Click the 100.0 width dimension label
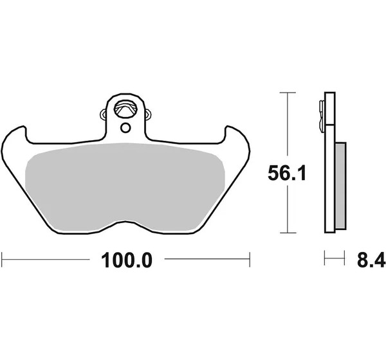tap(127, 260)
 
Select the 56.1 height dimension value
tap(287, 173)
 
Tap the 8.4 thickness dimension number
tap(371, 260)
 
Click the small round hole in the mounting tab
tap(125, 128)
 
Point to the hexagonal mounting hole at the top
tap(125, 108)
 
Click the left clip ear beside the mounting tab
tap(103, 114)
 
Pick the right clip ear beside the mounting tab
tap(148, 114)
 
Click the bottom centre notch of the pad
tap(125, 222)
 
